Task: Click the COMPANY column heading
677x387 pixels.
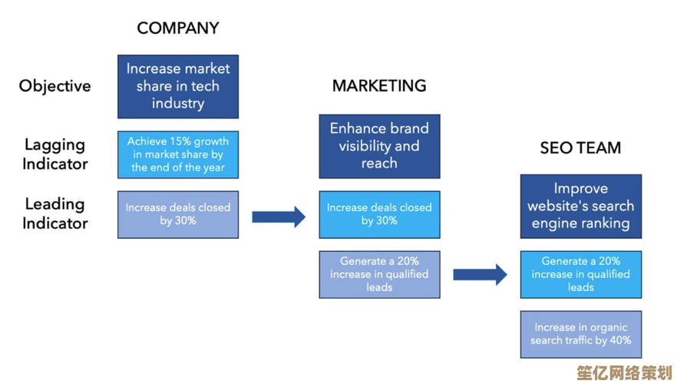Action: click(x=178, y=28)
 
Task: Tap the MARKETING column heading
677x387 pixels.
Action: click(x=379, y=86)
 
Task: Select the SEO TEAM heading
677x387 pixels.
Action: click(x=580, y=148)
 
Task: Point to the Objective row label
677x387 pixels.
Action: click(x=54, y=86)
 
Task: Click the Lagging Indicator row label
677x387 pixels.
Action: click(x=54, y=154)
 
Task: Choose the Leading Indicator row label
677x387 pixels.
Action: click(x=54, y=213)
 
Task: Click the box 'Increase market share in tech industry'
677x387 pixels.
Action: click(x=178, y=86)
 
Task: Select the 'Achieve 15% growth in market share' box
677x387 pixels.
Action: click(x=178, y=154)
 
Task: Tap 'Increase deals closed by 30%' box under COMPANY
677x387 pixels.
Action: click(x=178, y=214)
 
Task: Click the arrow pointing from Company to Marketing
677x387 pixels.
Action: click(x=279, y=217)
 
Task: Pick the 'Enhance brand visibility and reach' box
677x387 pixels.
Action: click(x=379, y=146)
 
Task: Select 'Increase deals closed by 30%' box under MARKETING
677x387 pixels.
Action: click(x=379, y=214)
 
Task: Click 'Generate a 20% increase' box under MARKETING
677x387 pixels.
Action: click(x=379, y=274)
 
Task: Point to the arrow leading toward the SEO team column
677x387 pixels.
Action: click(x=480, y=274)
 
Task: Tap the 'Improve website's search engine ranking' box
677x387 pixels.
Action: click(x=580, y=206)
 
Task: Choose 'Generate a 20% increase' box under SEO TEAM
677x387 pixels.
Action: click(x=580, y=274)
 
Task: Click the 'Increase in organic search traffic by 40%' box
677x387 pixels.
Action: click(x=580, y=334)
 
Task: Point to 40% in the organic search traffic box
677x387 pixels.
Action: click(x=619, y=341)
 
